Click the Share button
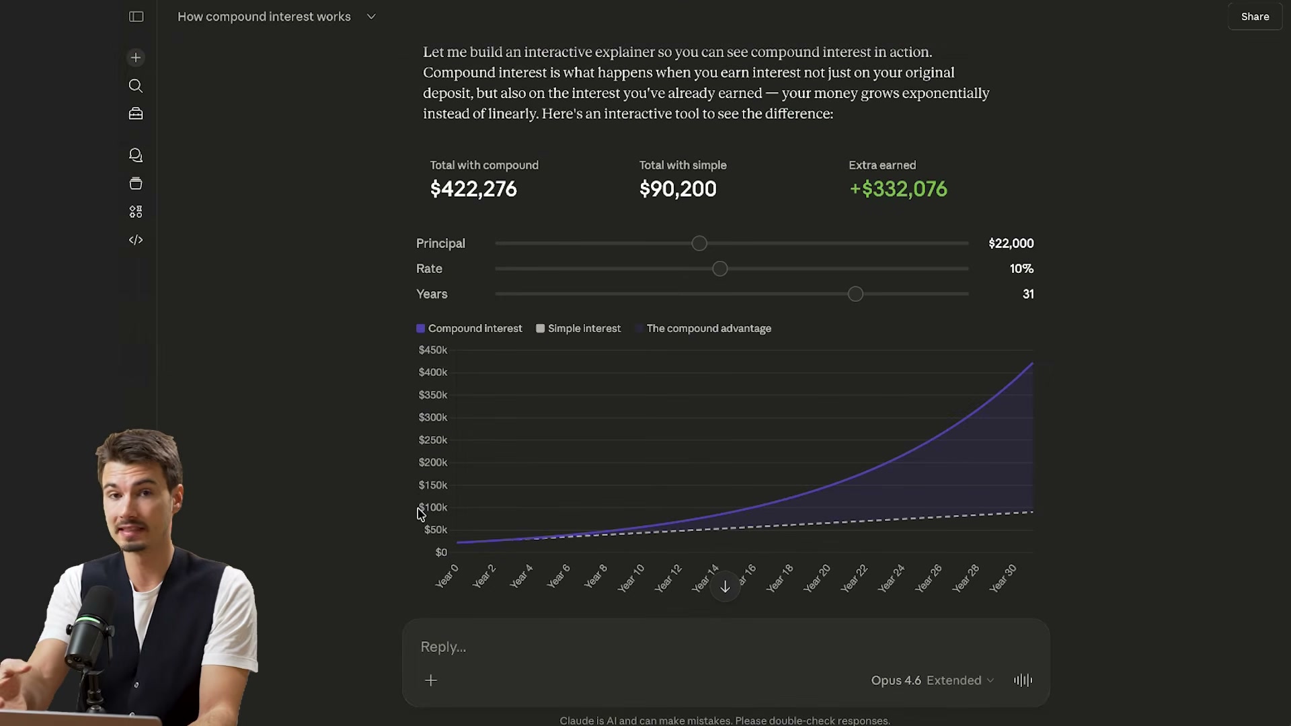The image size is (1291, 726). pos(1255,17)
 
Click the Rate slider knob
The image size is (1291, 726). pos(720,269)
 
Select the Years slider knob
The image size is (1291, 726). pos(855,294)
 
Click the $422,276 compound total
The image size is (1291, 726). pos(473,189)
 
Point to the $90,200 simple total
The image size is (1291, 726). pos(678,189)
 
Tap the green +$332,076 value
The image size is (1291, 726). pos(898,189)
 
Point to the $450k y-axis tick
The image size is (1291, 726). pos(433,350)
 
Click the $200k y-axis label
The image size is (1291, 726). pos(433,462)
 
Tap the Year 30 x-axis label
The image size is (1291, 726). pos(1003,578)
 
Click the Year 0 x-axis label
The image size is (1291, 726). pos(447,576)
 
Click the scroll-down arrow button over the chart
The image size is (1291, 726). pos(725,588)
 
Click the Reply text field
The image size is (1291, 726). pos(672,647)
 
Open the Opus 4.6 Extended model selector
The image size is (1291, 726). pos(932,680)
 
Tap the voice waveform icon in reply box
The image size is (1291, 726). pos(1023,680)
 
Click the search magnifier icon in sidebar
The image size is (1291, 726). pos(136,86)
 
